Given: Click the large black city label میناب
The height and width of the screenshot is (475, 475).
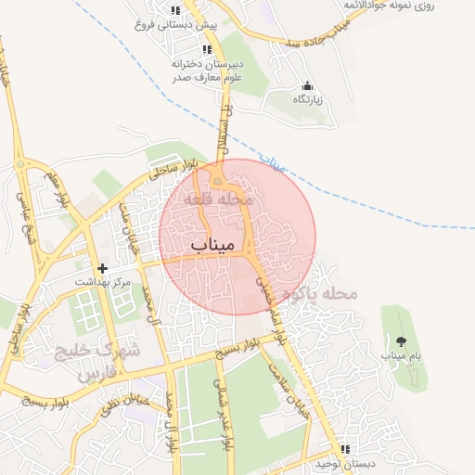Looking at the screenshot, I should (x=209, y=244).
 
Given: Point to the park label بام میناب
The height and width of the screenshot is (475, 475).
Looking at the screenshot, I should (x=401, y=355).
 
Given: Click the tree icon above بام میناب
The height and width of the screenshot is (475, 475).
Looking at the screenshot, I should (x=401, y=341).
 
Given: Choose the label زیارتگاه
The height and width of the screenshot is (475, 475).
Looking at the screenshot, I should (x=307, y=99).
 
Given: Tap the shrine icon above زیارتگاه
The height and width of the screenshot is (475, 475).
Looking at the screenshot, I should (x=307, y=85).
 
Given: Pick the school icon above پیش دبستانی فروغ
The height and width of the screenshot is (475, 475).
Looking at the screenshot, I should (x=175, y=11).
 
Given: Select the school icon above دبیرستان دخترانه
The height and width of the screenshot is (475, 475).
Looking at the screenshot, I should (x=207, y=49).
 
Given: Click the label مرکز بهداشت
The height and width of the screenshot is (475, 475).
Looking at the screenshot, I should (x=105, y=281).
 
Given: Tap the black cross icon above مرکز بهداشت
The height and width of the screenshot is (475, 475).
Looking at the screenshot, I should (x=103, y=267).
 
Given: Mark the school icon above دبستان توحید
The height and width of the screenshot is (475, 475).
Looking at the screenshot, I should (x=344, y=449).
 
